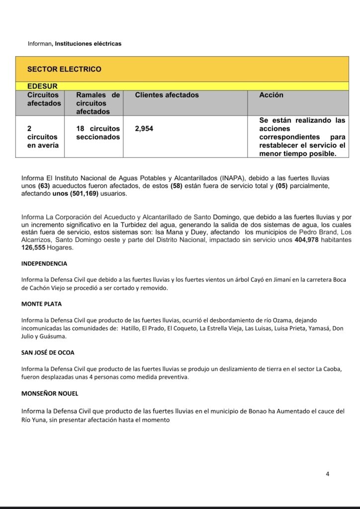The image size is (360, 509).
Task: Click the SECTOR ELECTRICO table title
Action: [64, 69]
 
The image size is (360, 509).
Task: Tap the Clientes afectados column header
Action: [167, 95]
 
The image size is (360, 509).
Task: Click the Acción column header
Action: [271, 95]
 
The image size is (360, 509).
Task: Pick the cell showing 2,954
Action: [144, 129]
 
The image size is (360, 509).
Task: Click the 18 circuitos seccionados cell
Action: [98, 133]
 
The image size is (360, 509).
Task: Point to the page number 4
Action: [327, 474]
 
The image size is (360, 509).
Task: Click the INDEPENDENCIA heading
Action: [44, 263]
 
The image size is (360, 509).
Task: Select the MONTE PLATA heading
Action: [41, 304]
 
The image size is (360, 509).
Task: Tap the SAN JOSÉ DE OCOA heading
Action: [48, 352]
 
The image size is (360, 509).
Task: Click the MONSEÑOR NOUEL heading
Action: [50, 393]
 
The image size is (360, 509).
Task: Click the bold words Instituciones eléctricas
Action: [88, 44]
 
